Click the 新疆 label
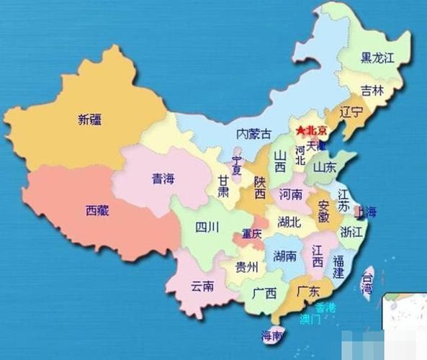click(89, 120)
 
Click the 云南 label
click(202, 286)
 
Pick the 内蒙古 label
click(253, 134)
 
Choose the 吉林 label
click(372, 91)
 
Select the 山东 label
click(324, 168)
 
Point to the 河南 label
click(291, 194)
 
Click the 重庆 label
click(251, 234)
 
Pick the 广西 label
click(264, 293)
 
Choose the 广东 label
click(308, 292)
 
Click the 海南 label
click(271, 334)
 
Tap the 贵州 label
click(246, 268)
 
